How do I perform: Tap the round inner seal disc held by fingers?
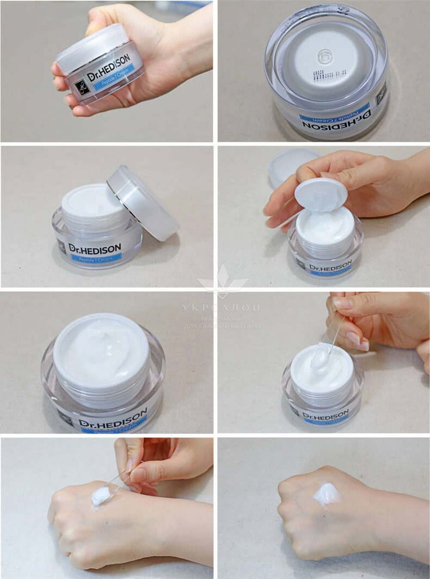coord(321,196)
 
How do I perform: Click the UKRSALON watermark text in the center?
coord(221,308)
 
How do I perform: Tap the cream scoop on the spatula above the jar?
coord(320,358)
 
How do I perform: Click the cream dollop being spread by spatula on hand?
coord(101,495)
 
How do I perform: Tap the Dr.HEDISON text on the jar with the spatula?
coord(326,416)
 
